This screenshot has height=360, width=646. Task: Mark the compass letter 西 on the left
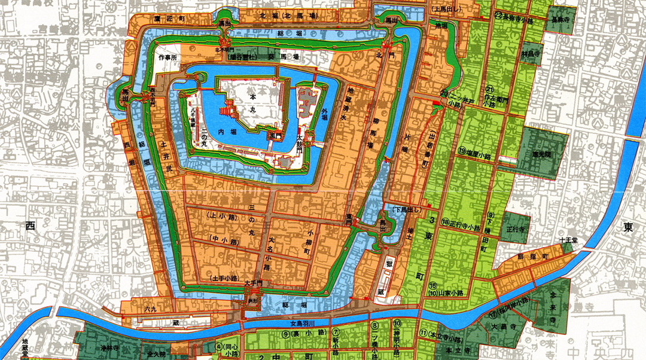click(30, 226)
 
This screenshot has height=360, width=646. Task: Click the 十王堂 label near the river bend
click(566, 240)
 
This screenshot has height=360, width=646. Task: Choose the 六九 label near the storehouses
click(150, 309)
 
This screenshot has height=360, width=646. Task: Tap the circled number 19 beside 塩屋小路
click(462, 150)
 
